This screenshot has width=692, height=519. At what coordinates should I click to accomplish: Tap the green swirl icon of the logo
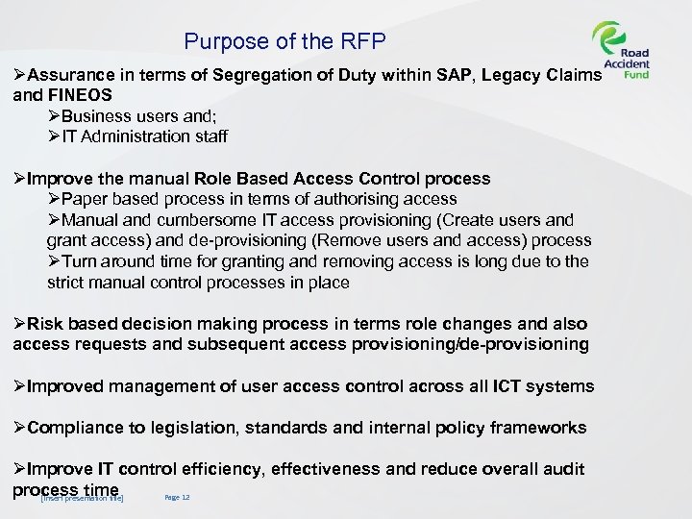point(609,41)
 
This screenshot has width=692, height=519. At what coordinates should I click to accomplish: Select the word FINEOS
point(80,95)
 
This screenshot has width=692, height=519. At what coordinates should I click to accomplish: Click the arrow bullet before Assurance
point(20,76)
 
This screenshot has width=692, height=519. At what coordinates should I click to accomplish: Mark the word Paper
point(84,199)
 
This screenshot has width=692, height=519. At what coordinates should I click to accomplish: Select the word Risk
point(46,324)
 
